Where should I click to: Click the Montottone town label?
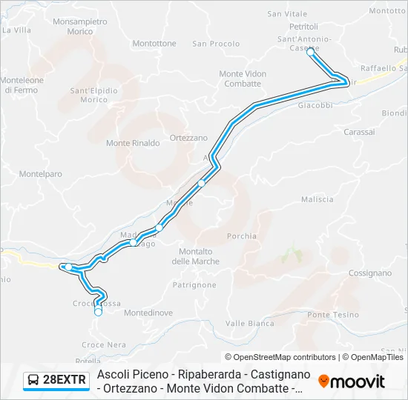(x=154, y=44)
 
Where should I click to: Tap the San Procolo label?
(x=216, y=44)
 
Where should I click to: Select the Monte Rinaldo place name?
(x=133, y=143)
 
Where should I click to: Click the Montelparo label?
(x=41, y=174)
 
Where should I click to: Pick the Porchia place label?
(x=242, y=236)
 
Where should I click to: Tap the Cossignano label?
(x=369, y=273)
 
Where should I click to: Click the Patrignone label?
(x=194, y=284)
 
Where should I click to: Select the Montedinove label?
(x=148, y=313)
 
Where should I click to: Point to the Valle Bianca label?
(x=250, y=323)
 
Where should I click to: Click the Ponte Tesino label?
(x=333, y=315)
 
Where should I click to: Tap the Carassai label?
(x=360, y=131)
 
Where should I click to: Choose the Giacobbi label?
(x=315, y=105)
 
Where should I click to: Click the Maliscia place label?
(x=317, y=199)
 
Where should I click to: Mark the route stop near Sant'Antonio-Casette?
(x=311, y=52)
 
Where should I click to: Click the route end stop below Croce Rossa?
(x=98, y=313)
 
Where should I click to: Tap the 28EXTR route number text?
(x=65, y=381)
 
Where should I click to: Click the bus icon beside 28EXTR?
(x=34, y=381)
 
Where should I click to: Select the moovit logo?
(x=352, y=381)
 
